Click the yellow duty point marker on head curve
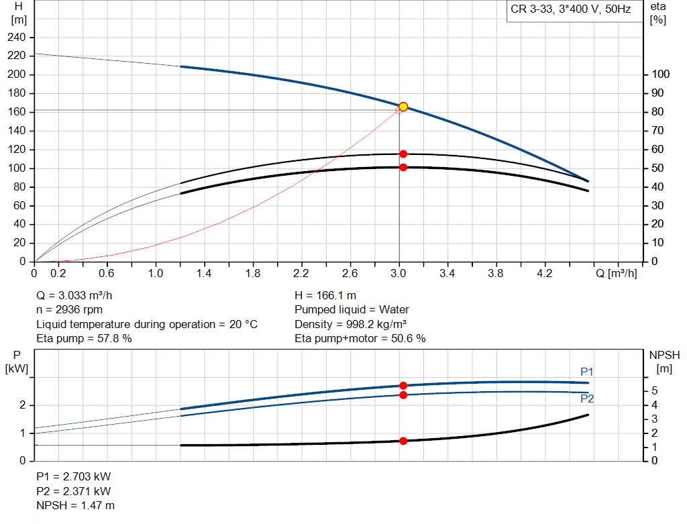tap(403, 107)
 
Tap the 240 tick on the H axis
tap(17, 37)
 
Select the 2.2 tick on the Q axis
tap(301, 273)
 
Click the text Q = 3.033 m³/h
tap(79, 295)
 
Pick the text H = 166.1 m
tap(325, 295)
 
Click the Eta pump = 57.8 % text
tap(84, 339)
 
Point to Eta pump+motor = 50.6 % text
tap(360, 339)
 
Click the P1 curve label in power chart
tap(587, 372)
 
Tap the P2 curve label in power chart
tap(587, 399)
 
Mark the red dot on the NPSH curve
tap(403, 441)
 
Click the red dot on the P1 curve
tap(403, 386)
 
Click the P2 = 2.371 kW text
tap(73, 490)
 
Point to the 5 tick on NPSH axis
tap(654, 390)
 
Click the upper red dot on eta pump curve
tap(403, 154)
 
